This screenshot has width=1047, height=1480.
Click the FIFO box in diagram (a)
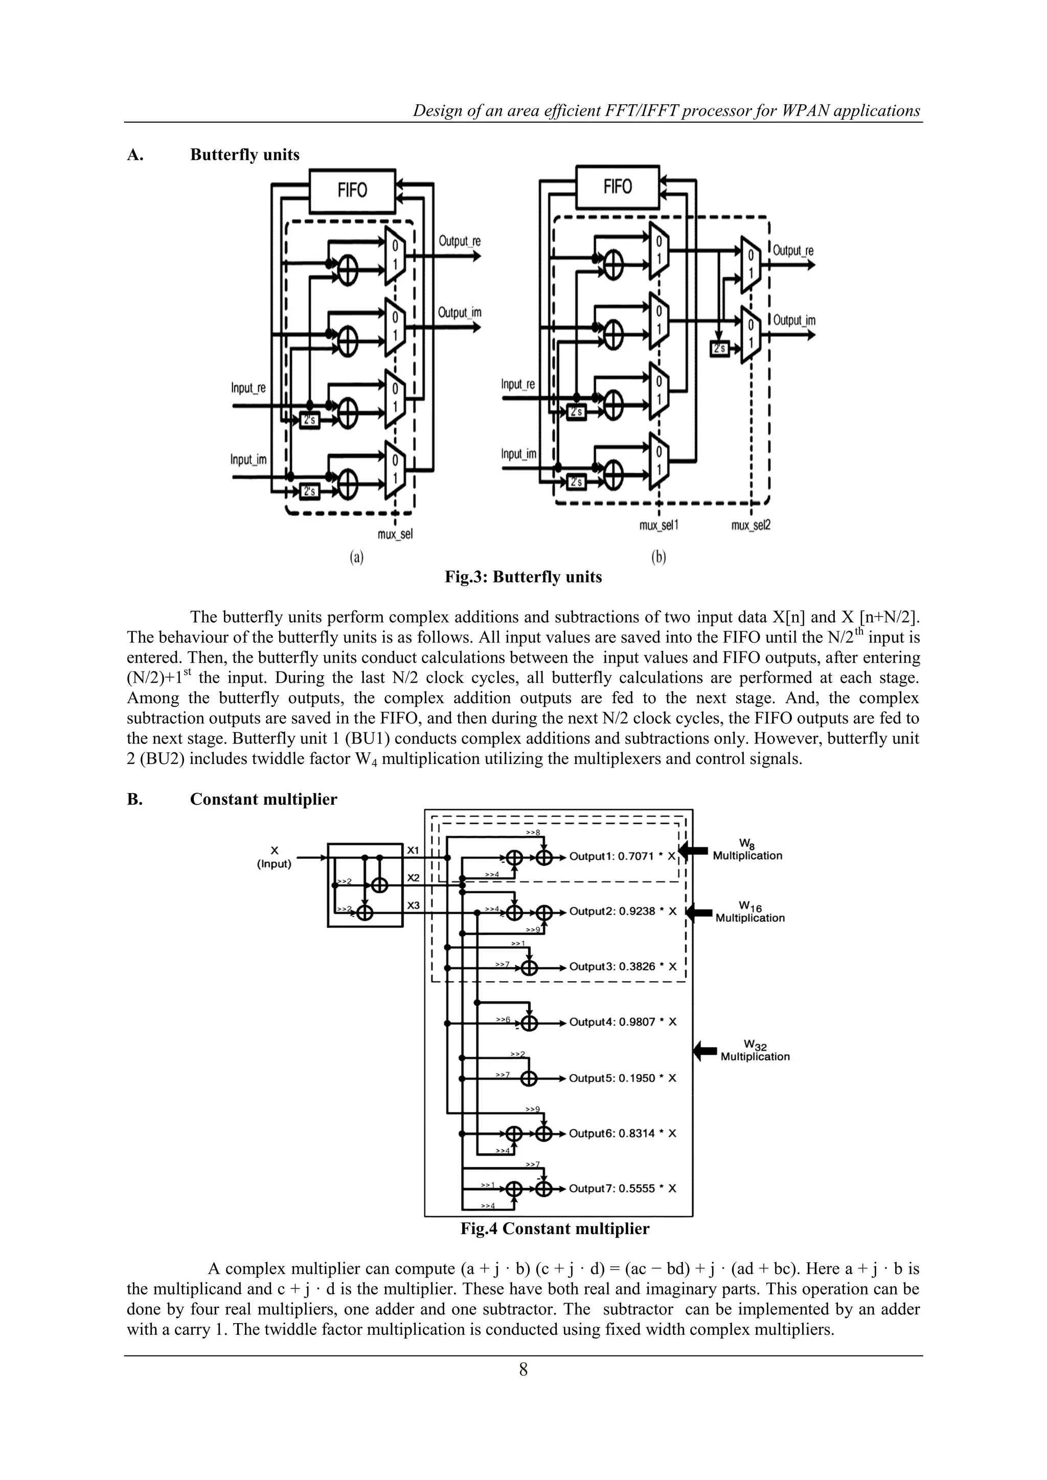352,191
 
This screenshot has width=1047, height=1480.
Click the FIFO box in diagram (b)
618,187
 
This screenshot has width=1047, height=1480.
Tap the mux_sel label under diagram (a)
395,535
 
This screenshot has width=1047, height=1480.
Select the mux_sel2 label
750,525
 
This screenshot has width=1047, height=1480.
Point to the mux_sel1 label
658,525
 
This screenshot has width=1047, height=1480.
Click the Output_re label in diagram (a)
459,241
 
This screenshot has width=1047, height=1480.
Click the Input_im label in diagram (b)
518,454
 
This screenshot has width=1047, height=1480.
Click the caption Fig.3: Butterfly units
523,577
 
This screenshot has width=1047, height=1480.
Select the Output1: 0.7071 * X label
622,857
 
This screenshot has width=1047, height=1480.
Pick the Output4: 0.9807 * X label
622,1022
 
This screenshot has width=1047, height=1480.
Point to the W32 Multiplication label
754,1051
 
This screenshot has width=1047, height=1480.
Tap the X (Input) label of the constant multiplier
274,858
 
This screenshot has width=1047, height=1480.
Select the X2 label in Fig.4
413,878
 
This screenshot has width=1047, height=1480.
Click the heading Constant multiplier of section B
263,799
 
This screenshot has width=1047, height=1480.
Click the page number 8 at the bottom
523,1370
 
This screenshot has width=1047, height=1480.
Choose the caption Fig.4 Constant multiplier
555,1229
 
